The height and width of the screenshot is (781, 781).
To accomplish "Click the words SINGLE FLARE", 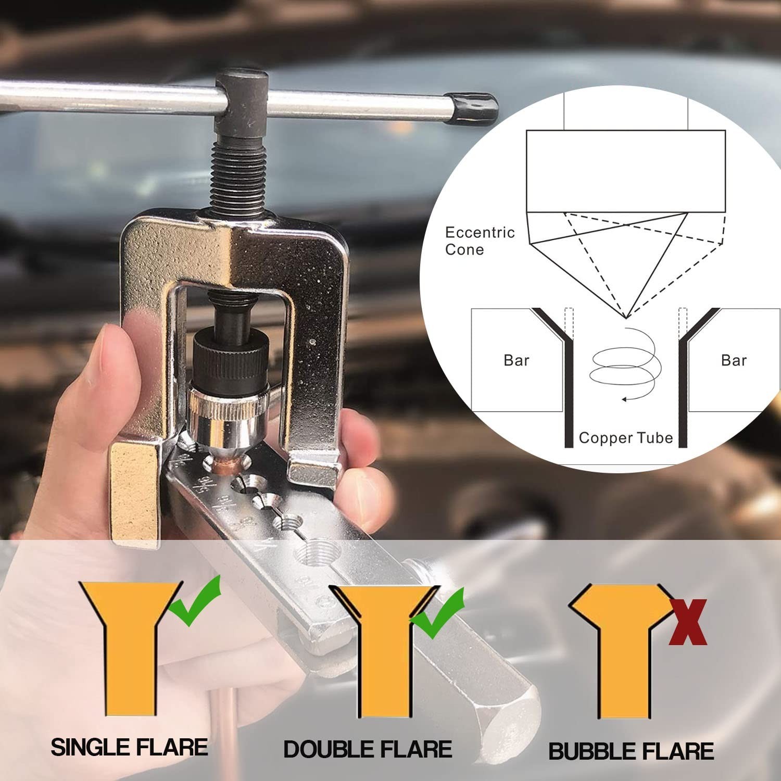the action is pos(129,747).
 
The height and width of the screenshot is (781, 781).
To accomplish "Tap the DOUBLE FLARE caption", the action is pos(368,749).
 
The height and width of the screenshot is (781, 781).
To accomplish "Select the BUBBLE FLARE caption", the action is pos(631,751).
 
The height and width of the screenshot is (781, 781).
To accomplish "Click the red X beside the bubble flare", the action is pos(688,622).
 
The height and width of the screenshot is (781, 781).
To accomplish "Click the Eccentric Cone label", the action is pos(480,241).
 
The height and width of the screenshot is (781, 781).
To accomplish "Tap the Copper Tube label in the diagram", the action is pos(625,438).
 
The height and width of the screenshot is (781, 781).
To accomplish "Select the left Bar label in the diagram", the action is pos(517,360).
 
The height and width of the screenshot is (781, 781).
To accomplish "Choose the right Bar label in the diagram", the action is pos(734,360).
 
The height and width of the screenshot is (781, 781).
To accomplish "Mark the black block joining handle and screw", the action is pos(242,102).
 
